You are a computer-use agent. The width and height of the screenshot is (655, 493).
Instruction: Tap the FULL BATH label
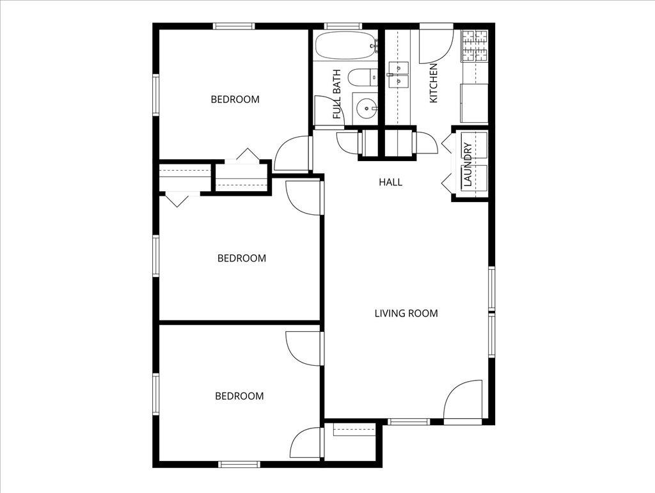[x=337, y=94]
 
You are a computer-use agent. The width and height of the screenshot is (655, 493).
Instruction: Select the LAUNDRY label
[x=468, y=164]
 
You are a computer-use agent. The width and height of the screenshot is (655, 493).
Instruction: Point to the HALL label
[x=390, y=182]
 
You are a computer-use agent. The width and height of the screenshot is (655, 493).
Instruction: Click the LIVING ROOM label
[x=406, y=313]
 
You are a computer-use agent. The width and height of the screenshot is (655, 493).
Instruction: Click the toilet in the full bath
[x=361, y=78]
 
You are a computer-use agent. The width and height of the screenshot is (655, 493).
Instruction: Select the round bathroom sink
[x=367, y=109]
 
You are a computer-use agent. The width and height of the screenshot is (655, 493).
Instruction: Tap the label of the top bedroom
[x=235, y=99]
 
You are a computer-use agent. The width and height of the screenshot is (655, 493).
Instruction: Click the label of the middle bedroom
[x=242, y=258]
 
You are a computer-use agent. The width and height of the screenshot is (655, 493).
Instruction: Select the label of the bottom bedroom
[x=239, y=396]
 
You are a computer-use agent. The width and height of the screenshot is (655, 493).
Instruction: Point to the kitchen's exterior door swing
[x=436, y=46]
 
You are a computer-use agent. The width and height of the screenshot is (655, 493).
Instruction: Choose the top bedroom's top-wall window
[x=234, y=26]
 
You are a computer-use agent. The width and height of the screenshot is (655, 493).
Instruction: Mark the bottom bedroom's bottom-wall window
[x=239, y=464]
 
